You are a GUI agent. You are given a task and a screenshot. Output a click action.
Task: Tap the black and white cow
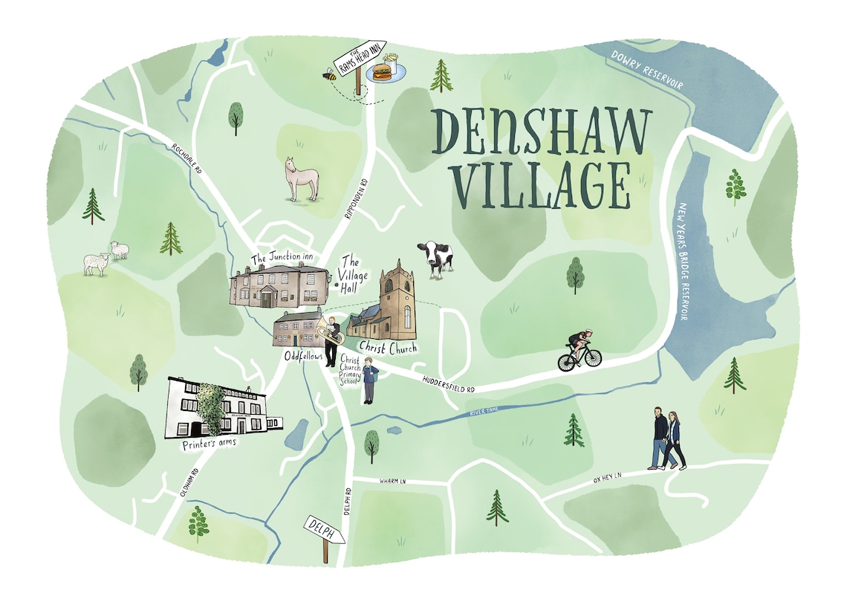point(435,259)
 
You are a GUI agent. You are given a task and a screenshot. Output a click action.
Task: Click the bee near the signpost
point(328,74)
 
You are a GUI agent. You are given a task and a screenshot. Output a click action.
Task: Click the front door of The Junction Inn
point(266,299)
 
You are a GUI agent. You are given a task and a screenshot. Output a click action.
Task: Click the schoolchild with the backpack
point(369,379)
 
